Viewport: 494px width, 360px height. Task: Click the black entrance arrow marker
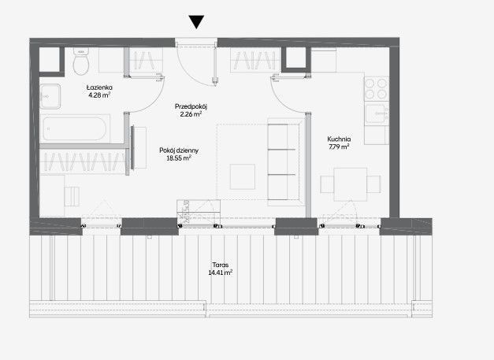[x=196, y=22]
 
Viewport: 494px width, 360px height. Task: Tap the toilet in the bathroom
[x=81, y=61]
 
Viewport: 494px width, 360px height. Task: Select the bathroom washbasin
[x=50, y=96]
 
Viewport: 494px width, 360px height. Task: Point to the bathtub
[x=75, y=128]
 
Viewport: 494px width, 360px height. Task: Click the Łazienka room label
[x=99, y=87]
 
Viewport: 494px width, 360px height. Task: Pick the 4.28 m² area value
[x=99, y=95]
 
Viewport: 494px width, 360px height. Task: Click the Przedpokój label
[x=191, y=107]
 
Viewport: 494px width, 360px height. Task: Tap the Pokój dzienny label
[x=179, y=150]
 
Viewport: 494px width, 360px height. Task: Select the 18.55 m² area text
[x=179, y=158]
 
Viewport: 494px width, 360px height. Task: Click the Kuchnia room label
[x=339, y=139]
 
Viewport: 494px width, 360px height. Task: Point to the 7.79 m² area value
[x=339, y=147]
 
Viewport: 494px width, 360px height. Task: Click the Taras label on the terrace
[x=221, y=265]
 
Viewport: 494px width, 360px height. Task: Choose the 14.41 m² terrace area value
[x=221, y=273]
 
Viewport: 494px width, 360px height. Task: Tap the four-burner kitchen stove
[x=376, y=89]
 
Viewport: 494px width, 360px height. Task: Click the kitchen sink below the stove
[x=376, y=113]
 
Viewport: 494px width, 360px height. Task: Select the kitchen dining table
[x=351, y=184]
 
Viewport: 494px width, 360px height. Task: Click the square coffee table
[x=243, y=176]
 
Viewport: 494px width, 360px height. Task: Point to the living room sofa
[x=284, y=162]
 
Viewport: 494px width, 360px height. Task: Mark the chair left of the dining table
[x=327, y=184]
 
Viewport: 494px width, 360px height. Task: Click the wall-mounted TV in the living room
[x=132, y=148]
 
